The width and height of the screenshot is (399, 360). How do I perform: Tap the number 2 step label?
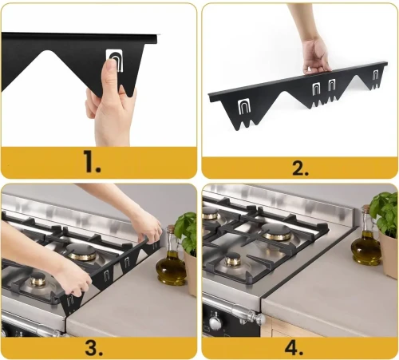pos(299,167)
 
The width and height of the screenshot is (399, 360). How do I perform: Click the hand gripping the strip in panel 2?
pos(316,53)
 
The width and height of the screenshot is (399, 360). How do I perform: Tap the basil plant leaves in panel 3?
pos(187,227)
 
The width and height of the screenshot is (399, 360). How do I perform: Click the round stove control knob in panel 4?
pos(215,323)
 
